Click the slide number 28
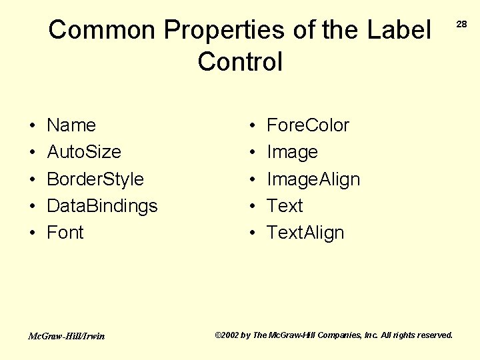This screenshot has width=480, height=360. [461, 24]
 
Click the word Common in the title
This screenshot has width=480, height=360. [102, 30]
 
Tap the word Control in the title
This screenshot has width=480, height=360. [240, 62]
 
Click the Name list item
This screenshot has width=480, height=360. [71, 125]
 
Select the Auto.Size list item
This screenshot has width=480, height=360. [84, 152]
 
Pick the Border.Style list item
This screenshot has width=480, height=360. [95, 179]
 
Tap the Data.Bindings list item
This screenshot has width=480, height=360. [102, 206]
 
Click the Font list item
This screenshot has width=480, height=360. [65, 233]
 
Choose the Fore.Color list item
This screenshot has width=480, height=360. [307, 125]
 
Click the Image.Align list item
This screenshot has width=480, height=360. [313, 179]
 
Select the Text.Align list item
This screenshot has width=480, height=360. [305, 233]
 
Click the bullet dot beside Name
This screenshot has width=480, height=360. [32, 126]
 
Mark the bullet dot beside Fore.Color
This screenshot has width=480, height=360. [252, 126]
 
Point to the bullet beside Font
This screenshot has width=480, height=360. [32, 233]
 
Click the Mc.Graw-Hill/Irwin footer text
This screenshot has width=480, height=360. [66, 336]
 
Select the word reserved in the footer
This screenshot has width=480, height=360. [433, 335]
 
